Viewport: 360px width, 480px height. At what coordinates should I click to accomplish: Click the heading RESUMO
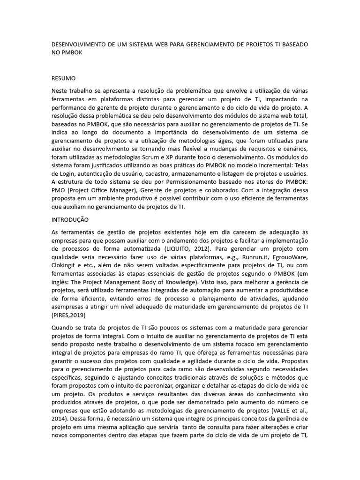[63, 78]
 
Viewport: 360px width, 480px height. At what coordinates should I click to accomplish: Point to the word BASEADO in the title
[292, 44]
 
